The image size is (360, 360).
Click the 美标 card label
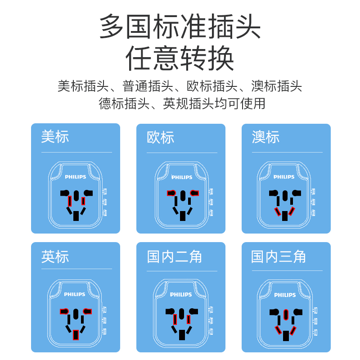tap(55, 137)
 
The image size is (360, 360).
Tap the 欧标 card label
tap(160, 137)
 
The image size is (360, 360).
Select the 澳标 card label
tap(265, 137)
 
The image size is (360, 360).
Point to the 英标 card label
tap(55, 256)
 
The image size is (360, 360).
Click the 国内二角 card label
tap(175, 256)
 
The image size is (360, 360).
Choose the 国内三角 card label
tap(279, 256)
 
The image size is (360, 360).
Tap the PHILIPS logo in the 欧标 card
tap(181, 177)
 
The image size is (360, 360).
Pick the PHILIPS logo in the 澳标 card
tap(284, 177)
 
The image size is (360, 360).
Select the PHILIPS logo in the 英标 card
tap(75, 295)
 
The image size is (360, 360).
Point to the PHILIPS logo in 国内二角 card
tap(181, 295)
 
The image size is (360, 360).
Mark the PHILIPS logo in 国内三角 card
tap(285, 295)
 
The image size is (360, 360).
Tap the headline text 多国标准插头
tap(180, 26)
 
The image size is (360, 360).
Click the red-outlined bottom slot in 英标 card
tap(76, 335)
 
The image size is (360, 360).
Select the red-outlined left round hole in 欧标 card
tap(172, 193)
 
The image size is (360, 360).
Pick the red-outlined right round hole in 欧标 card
tap(194, 193)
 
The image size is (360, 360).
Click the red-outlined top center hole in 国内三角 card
tap(286, 314)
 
